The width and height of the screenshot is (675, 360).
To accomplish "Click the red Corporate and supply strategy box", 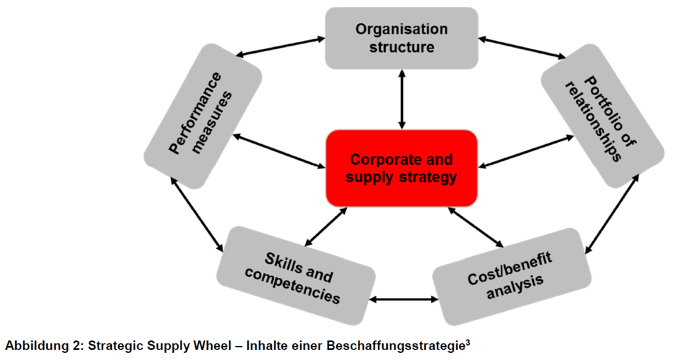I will [401, 168].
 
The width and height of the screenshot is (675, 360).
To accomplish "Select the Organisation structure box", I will [401, 38].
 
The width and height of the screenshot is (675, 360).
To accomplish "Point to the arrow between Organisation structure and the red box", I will [401, 99].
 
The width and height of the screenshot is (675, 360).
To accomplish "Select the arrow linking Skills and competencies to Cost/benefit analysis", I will [403, 300].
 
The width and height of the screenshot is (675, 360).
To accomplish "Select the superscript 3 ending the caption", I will [467, 342].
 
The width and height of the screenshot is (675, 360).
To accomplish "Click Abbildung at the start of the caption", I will [30, 345].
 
